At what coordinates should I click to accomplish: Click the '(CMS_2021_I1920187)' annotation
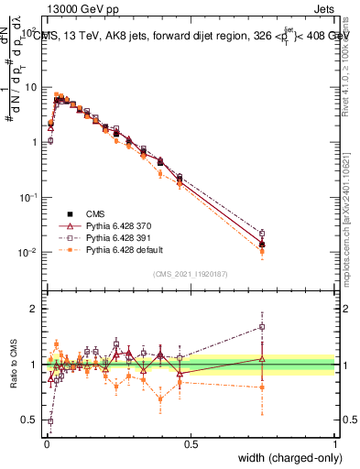point(191,273)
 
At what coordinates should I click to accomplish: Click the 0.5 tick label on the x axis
point(191,442)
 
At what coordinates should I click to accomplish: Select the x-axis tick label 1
point(334,442)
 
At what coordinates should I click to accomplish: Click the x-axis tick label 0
point(46,442)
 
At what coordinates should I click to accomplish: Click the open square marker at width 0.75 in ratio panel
point(262,326)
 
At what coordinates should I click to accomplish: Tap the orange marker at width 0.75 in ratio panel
point(262,387)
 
